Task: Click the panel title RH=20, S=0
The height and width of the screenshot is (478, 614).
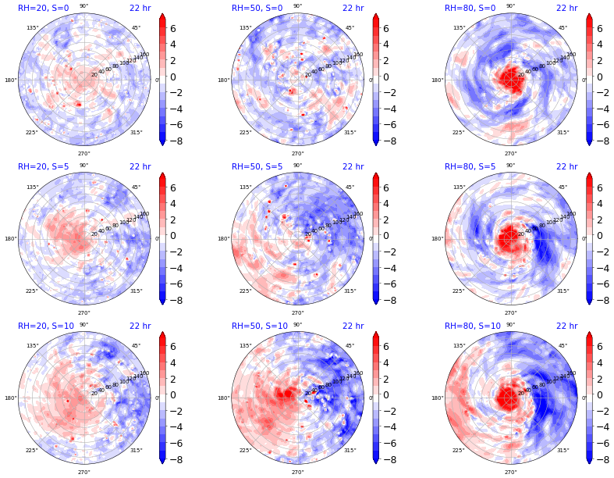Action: (x=43, y=8)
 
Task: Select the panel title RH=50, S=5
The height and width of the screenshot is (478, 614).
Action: (x=257, y=166)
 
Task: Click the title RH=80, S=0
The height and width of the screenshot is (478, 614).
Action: (x=470, y=8)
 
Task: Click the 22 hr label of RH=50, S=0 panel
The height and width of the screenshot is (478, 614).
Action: (x=353, y=8)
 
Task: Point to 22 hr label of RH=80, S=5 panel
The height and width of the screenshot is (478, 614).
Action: (x=566, y=166)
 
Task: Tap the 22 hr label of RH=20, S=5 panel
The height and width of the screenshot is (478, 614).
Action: (x=140, y=166)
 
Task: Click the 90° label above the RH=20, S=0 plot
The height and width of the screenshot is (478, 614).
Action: (x=83, y=6)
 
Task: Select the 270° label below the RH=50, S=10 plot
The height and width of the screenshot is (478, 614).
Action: (x=297, y=472)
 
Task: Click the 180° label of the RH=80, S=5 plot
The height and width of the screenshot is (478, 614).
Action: (x=440, y=239)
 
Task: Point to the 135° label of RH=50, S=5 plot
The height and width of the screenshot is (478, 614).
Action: (x=246, y=187)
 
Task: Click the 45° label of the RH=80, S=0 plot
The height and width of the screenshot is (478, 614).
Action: (x=563, y=27)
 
